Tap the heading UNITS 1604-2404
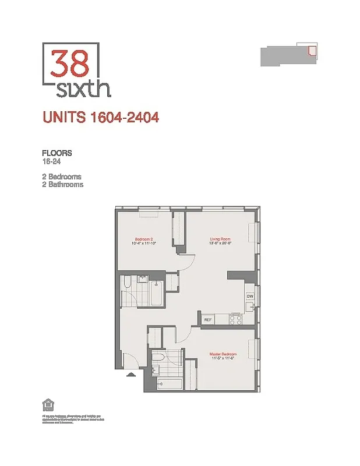pyautogui.click(x=101, y=117)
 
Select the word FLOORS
pyautogui.click(x=57, y=153)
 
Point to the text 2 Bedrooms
pyautogui.click(x=61, y=176)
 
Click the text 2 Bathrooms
pyautogui.click(x=62, y=185)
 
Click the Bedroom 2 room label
pyautogui.click(x=144, y=239)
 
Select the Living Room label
pyautogui.click(x=221, y=239)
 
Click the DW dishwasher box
pyautogui.click(x=249, y=296)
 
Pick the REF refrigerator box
pyautogui.click(x=207, y=319)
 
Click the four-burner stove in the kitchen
pyautogui.click(x=236, y=318)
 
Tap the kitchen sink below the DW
pyautogui.click(x=249, y=307)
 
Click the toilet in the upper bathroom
pyautogui.click(x=127, y=285)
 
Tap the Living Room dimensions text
pyautogui.click(x=221, y=243)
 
